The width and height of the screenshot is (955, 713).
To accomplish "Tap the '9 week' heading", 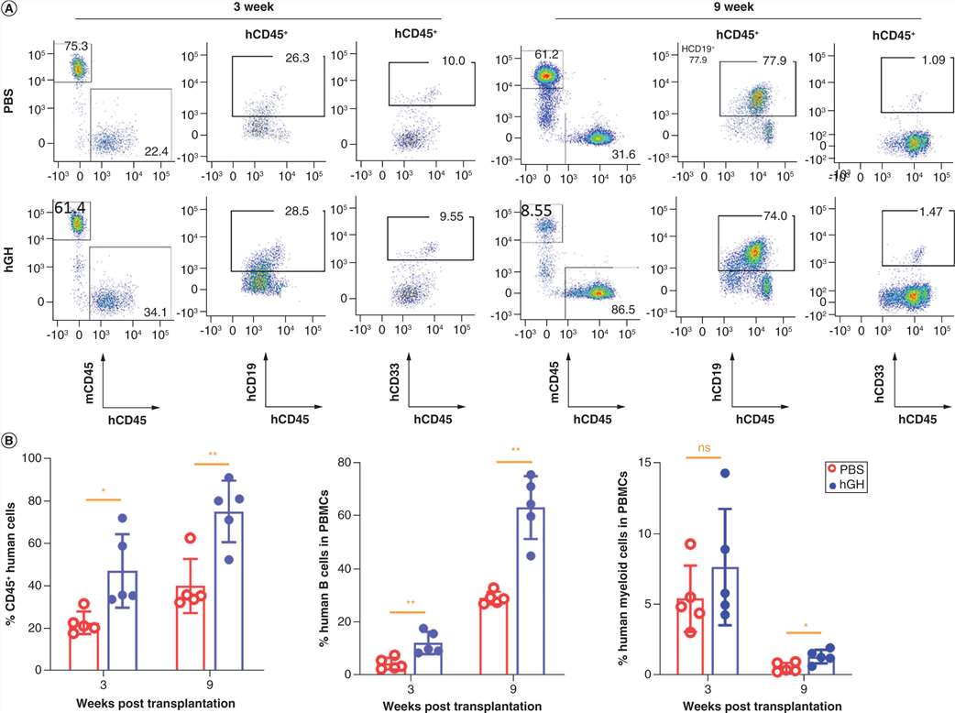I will [x=741, y=7].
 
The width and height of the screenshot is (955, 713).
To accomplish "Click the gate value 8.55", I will [x=537, y=210].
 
